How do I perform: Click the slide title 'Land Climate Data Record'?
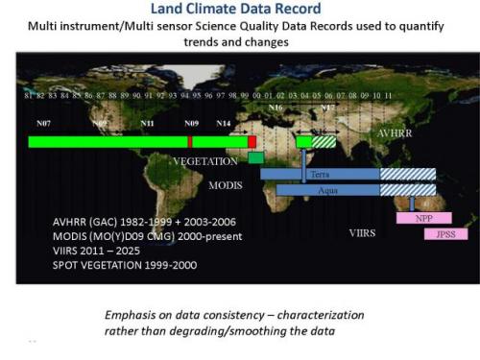(x=240, y=12)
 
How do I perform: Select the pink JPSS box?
(x=444, y=234)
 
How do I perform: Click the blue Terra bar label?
(x=320, y=175)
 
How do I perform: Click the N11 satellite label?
(x=147, y=124)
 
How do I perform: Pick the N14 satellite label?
(x=223, y=124)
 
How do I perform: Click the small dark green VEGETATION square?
(x=255, y=157)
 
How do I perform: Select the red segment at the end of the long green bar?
(x=252, y=142)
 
